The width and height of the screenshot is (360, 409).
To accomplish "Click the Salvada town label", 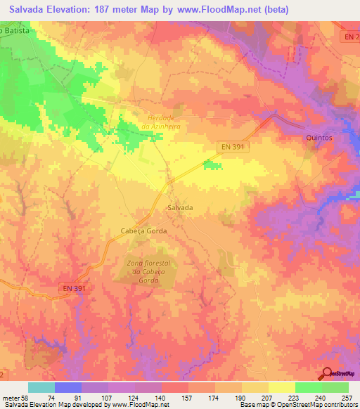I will coord(180,208).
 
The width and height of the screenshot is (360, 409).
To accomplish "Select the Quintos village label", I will coord(319,138).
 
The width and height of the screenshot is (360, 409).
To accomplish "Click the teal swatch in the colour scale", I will coord(41,387).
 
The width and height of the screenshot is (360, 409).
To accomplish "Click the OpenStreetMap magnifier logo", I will coord(326,374).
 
